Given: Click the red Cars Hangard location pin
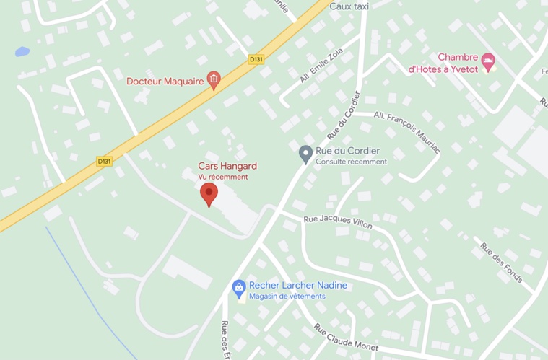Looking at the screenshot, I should (209, 193).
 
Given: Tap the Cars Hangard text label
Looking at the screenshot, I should (227, 166).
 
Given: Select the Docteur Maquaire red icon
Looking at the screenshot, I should (213, 80).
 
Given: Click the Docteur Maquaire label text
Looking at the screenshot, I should (165, 81).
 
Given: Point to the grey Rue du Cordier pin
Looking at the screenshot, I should (305, 154).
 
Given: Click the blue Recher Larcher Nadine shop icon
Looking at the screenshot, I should (239, 289).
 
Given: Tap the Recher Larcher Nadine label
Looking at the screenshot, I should (297, 285).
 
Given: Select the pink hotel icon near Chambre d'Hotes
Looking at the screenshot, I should (488, 61).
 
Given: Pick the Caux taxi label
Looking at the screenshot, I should (349, 6).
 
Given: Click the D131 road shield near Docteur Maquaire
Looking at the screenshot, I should (256, 60).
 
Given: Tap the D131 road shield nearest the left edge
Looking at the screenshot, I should (105, 161).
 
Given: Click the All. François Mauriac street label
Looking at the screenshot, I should (407, 131).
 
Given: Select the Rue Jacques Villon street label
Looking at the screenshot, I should (337, 222).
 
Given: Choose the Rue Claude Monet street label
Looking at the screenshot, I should (345, 337).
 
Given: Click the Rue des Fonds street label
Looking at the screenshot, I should (501, 261).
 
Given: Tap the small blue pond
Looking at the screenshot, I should (22, 52).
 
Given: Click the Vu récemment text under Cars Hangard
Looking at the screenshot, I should (223, 177).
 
